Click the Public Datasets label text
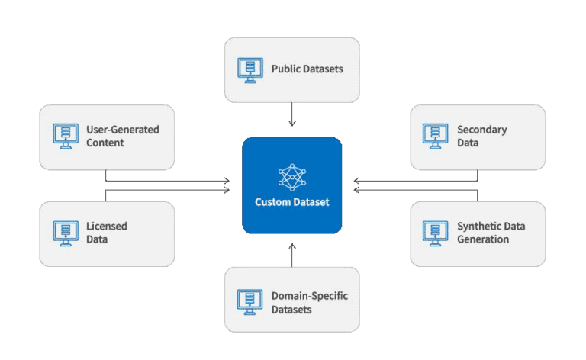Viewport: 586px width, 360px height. click(x=307, y=69)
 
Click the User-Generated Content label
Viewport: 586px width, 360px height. click(x=122, y=136)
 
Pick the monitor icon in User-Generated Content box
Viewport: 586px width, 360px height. click(x=66, y=136)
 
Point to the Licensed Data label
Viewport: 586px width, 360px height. click(x=107, y=233)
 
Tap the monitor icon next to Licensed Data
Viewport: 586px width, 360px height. click(x=66, y=233)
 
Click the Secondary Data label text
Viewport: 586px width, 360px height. click(x=481, y=136)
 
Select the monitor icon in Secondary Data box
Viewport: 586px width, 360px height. click(x=436, y=136)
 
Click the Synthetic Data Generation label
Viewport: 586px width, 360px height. click(x=491, y=233)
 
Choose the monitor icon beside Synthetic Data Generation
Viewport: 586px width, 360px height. click(x=436, y=233)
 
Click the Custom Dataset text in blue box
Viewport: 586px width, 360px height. click(x=292, y=202)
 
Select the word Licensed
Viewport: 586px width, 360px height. click(x=107, y=227)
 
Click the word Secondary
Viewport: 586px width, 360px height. click(x=481, y=130)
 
